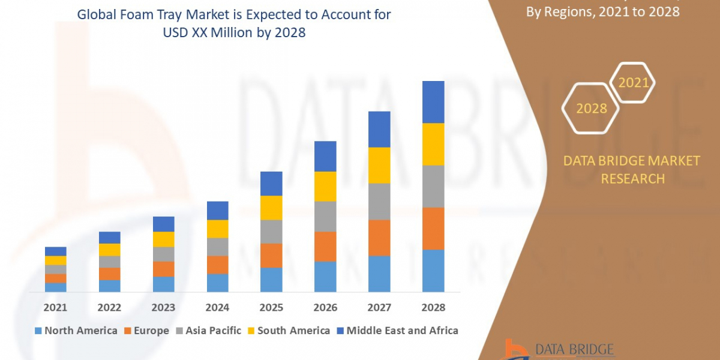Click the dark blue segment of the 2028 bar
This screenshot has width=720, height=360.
point(433,102)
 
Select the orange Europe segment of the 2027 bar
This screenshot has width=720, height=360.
point(379,238)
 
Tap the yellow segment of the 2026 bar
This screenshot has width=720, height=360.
point(325,186)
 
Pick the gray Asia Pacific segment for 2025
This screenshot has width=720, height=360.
point(271,231)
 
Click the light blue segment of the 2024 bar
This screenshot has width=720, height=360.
point(217,283)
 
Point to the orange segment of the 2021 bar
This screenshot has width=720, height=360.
point(55,278)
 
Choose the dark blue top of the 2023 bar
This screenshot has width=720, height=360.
point(163,224)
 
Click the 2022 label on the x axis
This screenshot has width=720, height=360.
point(109,307)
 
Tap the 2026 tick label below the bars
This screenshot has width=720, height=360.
point(325,307)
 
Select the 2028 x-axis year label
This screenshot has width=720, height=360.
point(433,307)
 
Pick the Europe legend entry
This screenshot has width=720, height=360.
point(146,331)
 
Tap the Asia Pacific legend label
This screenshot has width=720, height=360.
point(213,331)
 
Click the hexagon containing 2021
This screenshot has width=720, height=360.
point(634,83)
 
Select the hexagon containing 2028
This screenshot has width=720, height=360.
point(591,109)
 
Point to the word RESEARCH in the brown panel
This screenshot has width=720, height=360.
point(632,178)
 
